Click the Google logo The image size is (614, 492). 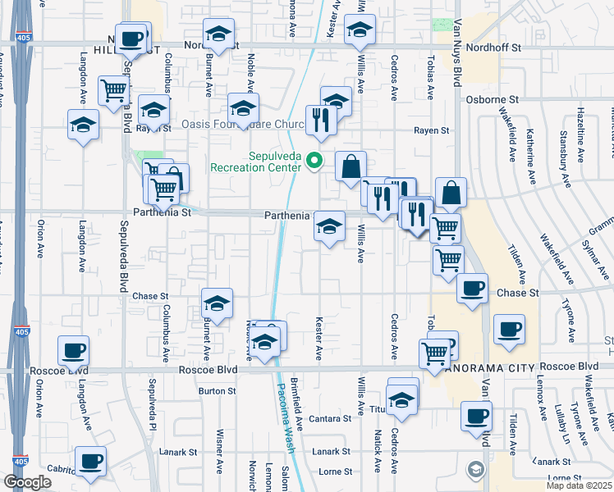click(27, 483)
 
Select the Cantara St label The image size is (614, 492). click(336, 418)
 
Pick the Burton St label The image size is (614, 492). click(218, 391)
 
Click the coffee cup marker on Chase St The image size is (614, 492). click(472, 288)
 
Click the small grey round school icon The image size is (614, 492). click(474, 470)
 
